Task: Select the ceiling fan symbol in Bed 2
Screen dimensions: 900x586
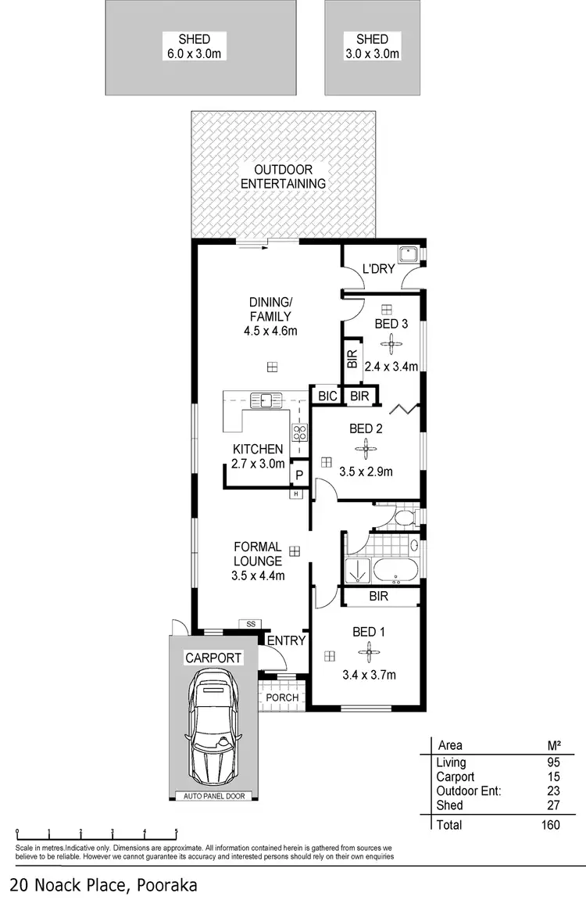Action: pyautogui.click(x=365, y=448)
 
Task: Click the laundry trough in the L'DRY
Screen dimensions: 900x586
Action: pyautogui.click(x=407, y=254)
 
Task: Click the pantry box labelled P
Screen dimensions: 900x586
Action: pyautogui.click(x=298, y=474)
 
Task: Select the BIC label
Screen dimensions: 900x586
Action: pyautogui.click(x=327, y=396)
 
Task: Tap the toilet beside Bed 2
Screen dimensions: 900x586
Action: pyautogui.click(x=403, y=518)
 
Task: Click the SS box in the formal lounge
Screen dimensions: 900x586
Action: pyautogui.click(x=251, y=623)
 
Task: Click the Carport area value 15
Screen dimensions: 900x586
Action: pyautogui.click(x=552, y=777)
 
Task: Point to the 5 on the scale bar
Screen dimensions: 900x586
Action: pyautogui.click(x=177, y=832)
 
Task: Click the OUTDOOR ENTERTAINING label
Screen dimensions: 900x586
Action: pyautogui.click(x=283, y=177)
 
